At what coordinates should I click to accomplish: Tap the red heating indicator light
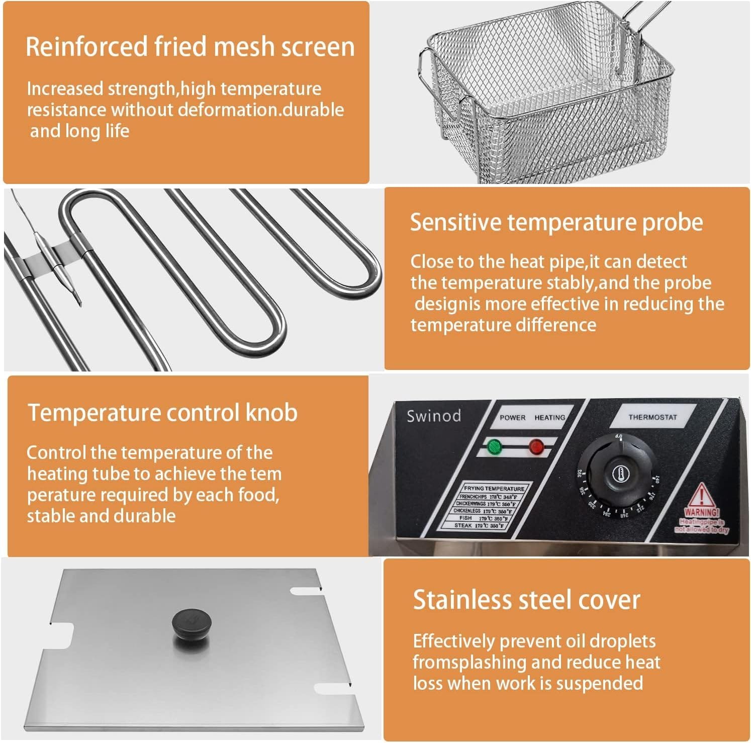(536, 446)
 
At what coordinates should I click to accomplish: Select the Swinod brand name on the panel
(433, 416)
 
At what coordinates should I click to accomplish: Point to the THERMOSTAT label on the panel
(652, 417)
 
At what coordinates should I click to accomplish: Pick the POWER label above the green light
(512, 418)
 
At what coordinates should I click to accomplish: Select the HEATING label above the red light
(549, 418)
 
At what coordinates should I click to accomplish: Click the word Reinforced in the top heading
(86, 47)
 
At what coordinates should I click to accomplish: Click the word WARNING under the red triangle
(702, 512)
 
